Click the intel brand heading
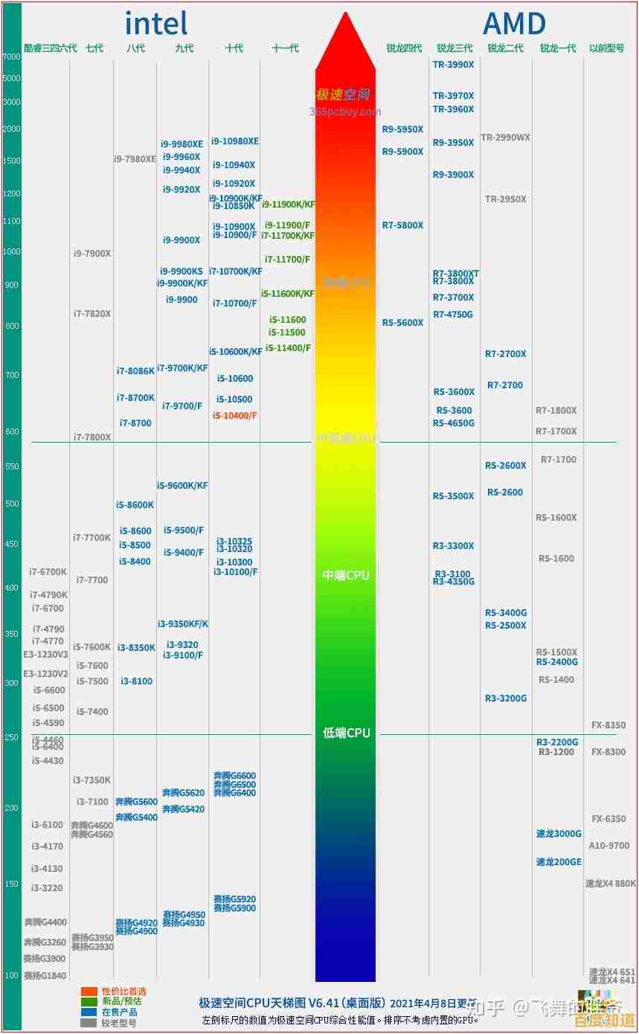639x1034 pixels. tap(155, 23)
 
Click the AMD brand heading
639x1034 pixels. tap(514, 23)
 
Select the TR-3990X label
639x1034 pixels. tap(453, 65)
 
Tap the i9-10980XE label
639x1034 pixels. tap(235, 141)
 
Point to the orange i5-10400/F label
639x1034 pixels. tap(234, 415)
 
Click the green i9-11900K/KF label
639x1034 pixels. tap(288, 205)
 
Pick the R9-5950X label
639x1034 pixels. tap(402, 129)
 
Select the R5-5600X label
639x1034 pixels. tap(402, 323)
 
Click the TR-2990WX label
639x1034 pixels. tap(505, 138)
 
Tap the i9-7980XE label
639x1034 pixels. tap(135, 158)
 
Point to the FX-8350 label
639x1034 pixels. tap(608, 725)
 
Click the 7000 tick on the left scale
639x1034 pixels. tap(12, 57)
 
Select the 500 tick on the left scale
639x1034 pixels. tap(12, 504)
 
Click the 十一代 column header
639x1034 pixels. tap(285, 48)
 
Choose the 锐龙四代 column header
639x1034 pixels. tap(404, 48)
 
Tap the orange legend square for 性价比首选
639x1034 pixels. tap(89, 992)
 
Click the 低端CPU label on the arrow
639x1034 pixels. tap(346, 733)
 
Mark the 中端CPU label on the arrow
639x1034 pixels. tap(346, 575)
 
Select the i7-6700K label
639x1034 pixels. tap(48, 572)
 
